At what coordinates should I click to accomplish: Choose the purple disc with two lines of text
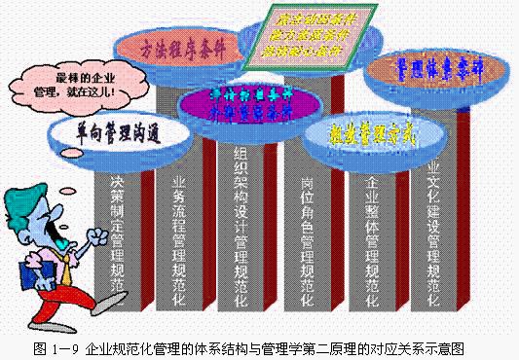coord(251,103)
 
